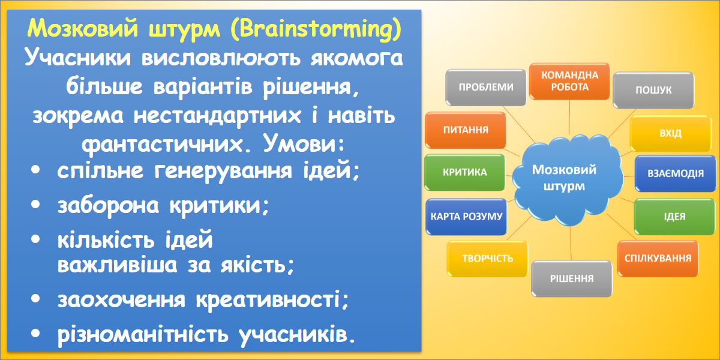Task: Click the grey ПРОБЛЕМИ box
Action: (x=485, y=88)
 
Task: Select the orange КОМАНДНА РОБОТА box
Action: (x=569, y=82)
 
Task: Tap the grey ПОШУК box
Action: (x=653, y=91)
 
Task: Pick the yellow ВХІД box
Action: (x=671, y=133)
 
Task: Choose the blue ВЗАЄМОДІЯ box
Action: (x=676, y=173)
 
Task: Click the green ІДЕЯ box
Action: (x=674, y=217)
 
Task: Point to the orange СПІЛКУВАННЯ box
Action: (x=658, y=259)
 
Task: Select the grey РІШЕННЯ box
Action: (x=571, y=278)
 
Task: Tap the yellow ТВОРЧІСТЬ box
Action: (x=487, y=259)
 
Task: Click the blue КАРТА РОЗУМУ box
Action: (x=466, y=217)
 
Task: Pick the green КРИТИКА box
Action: (x=465, y=172)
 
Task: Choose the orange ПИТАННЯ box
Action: (x=466, y=130)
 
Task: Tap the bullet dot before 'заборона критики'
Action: (x=35, y=205)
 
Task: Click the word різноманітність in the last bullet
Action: (x=142, y=335)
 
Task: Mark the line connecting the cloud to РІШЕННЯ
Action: (x=571, y=243)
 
